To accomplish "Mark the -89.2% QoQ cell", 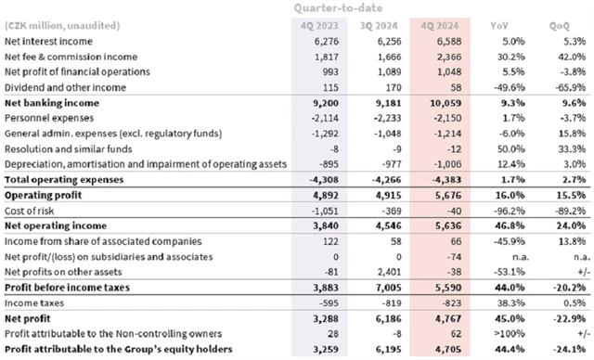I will [x=561, y=211].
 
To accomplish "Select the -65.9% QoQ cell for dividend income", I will [x=561, y=88].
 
